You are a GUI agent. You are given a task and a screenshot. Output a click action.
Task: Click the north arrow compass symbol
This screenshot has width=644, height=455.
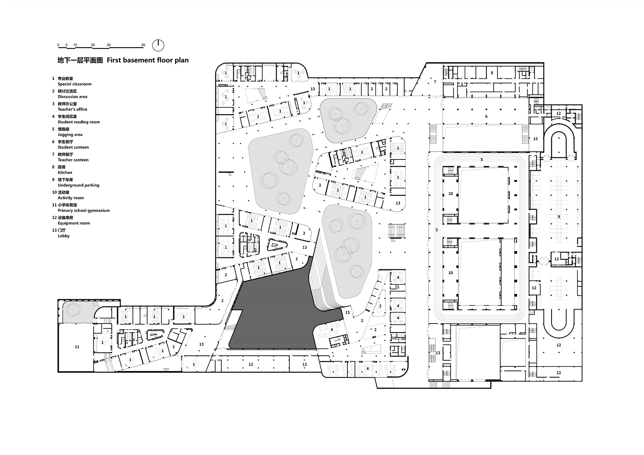[158, 45]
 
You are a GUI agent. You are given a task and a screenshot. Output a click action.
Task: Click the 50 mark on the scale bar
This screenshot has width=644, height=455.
[143, 45]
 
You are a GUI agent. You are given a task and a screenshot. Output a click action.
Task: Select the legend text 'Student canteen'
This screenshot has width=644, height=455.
[73, 147]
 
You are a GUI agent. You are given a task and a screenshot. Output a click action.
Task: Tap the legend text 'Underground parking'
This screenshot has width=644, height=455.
[78, 185]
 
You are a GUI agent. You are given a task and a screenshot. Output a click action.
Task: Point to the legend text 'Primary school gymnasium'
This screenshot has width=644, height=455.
[83, 211]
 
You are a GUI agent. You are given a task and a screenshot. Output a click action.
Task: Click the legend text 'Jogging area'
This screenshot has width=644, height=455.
[70, 134]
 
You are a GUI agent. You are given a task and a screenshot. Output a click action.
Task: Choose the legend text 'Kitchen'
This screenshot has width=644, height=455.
[65, 172]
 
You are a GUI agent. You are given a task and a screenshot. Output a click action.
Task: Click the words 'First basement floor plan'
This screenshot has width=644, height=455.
[148, 60]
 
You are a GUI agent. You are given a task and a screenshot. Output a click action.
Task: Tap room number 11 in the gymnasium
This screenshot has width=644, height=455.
[77, 347]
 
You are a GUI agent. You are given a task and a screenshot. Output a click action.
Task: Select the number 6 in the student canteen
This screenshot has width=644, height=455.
[486, 117]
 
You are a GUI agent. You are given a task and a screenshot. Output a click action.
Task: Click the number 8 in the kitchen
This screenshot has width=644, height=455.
[492, 73]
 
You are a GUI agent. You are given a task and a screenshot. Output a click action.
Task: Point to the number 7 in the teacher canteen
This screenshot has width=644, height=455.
[435, 82]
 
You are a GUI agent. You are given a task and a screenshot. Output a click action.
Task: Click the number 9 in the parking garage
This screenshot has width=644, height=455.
[558, 217]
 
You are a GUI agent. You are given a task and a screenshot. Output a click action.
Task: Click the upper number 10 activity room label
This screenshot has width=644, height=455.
[450, 194]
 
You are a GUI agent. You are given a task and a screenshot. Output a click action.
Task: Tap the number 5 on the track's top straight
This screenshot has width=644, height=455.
[481, 159]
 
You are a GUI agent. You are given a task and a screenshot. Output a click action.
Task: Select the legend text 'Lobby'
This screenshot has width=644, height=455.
[64, 236]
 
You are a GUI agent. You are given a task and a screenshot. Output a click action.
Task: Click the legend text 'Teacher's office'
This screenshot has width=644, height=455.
[72, 109]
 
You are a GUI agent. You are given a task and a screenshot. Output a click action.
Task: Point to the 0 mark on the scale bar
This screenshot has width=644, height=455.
[58, 45]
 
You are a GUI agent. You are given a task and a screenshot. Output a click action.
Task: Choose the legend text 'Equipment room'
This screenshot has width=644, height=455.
[73, 223]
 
